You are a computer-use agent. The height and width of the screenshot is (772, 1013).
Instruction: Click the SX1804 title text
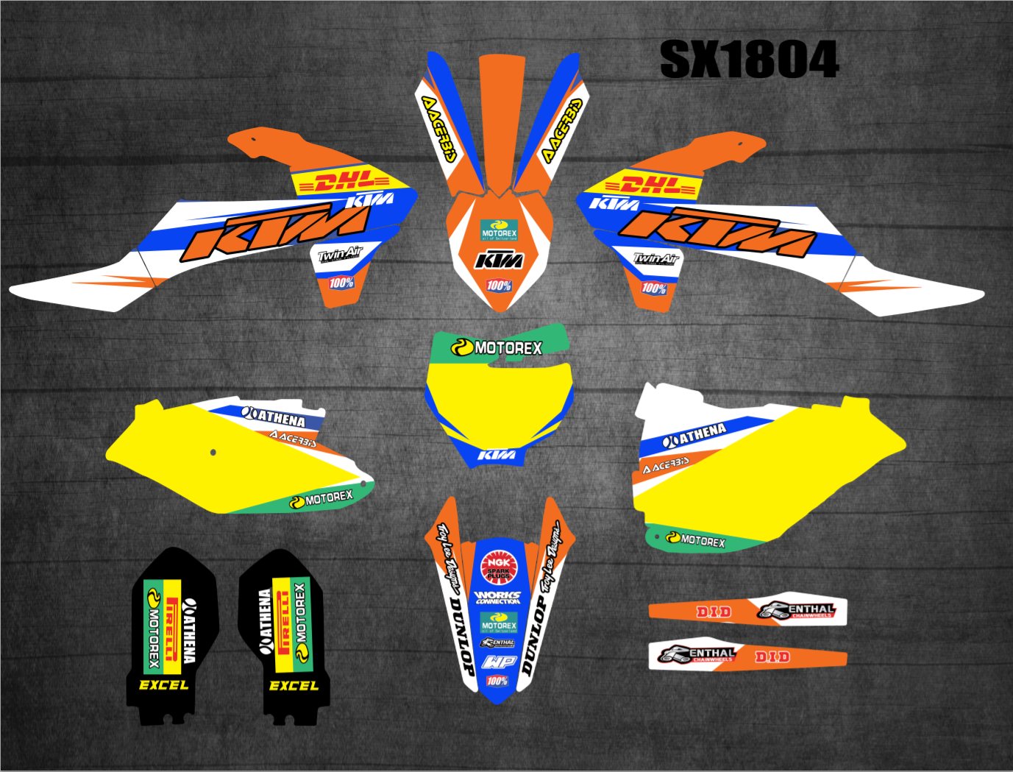[x=749, y=60]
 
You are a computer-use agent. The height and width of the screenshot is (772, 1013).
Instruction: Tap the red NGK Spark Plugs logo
[x=499, y=567]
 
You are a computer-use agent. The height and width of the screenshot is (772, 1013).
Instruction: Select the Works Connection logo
[x=498, y=597]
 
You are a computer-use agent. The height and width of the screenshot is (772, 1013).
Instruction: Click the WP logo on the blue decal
[x=499, y=662]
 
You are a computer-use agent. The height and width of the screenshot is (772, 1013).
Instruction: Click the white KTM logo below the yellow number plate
[x=497, y=455]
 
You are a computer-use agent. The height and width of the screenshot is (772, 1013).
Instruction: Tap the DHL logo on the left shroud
[x=350, y=181]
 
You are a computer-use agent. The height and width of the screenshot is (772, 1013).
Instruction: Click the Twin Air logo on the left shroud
[x=340, y=255]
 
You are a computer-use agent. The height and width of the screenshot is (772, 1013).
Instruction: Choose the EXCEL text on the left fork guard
[x=163, y=685]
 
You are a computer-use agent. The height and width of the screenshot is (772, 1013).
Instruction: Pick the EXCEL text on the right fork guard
[x=294, y=686]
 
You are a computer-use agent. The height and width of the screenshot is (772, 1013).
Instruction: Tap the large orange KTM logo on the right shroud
[x=717, y=231]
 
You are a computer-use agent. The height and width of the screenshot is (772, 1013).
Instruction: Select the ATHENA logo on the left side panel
[x=274, y=417]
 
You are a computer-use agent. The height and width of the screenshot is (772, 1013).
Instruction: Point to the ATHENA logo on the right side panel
[x=694, y=435]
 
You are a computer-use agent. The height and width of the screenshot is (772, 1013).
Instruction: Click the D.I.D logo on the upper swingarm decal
[x=714, y=612]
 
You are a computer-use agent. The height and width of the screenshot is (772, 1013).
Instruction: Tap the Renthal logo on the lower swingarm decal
[x=697, y=654]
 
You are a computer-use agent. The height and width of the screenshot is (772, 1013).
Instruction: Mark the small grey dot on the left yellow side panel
[x=213, y=452]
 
